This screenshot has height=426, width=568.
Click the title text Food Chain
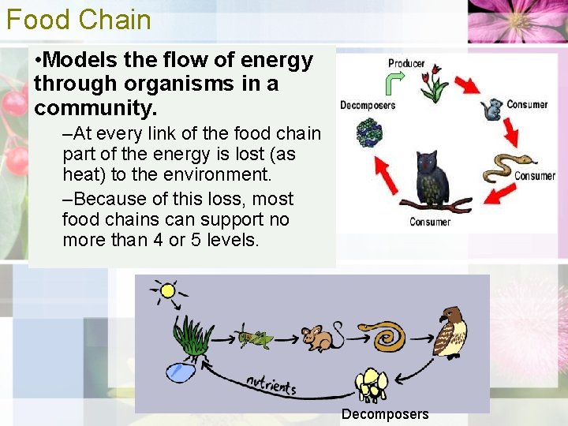click(78, 19)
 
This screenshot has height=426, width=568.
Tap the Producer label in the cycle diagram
click(406, 63)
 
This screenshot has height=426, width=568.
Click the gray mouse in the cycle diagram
click(493, 109)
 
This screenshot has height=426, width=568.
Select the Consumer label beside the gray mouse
click(527, 105)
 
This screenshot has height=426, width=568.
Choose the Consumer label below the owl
click(430, 222)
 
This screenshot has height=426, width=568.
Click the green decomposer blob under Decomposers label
click(368, 133)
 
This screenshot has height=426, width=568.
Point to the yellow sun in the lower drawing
click(166, 291)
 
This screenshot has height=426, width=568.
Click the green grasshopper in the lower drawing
click(254, 337)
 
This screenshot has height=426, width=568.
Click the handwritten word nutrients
click(271, 385)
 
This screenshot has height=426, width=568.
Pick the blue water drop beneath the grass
click(181, 371)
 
